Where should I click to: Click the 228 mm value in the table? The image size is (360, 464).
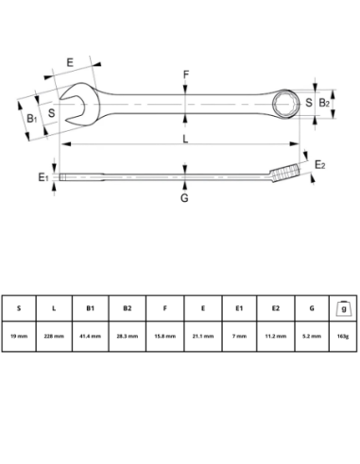54,336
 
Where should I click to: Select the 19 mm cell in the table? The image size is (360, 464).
18,336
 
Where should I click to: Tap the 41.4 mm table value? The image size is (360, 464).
90,336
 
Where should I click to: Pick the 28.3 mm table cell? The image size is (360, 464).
126,336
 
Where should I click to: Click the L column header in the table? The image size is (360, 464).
54,307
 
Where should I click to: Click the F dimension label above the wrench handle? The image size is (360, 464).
185,73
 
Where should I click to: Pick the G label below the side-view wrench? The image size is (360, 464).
184,198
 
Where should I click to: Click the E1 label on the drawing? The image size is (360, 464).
43,177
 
